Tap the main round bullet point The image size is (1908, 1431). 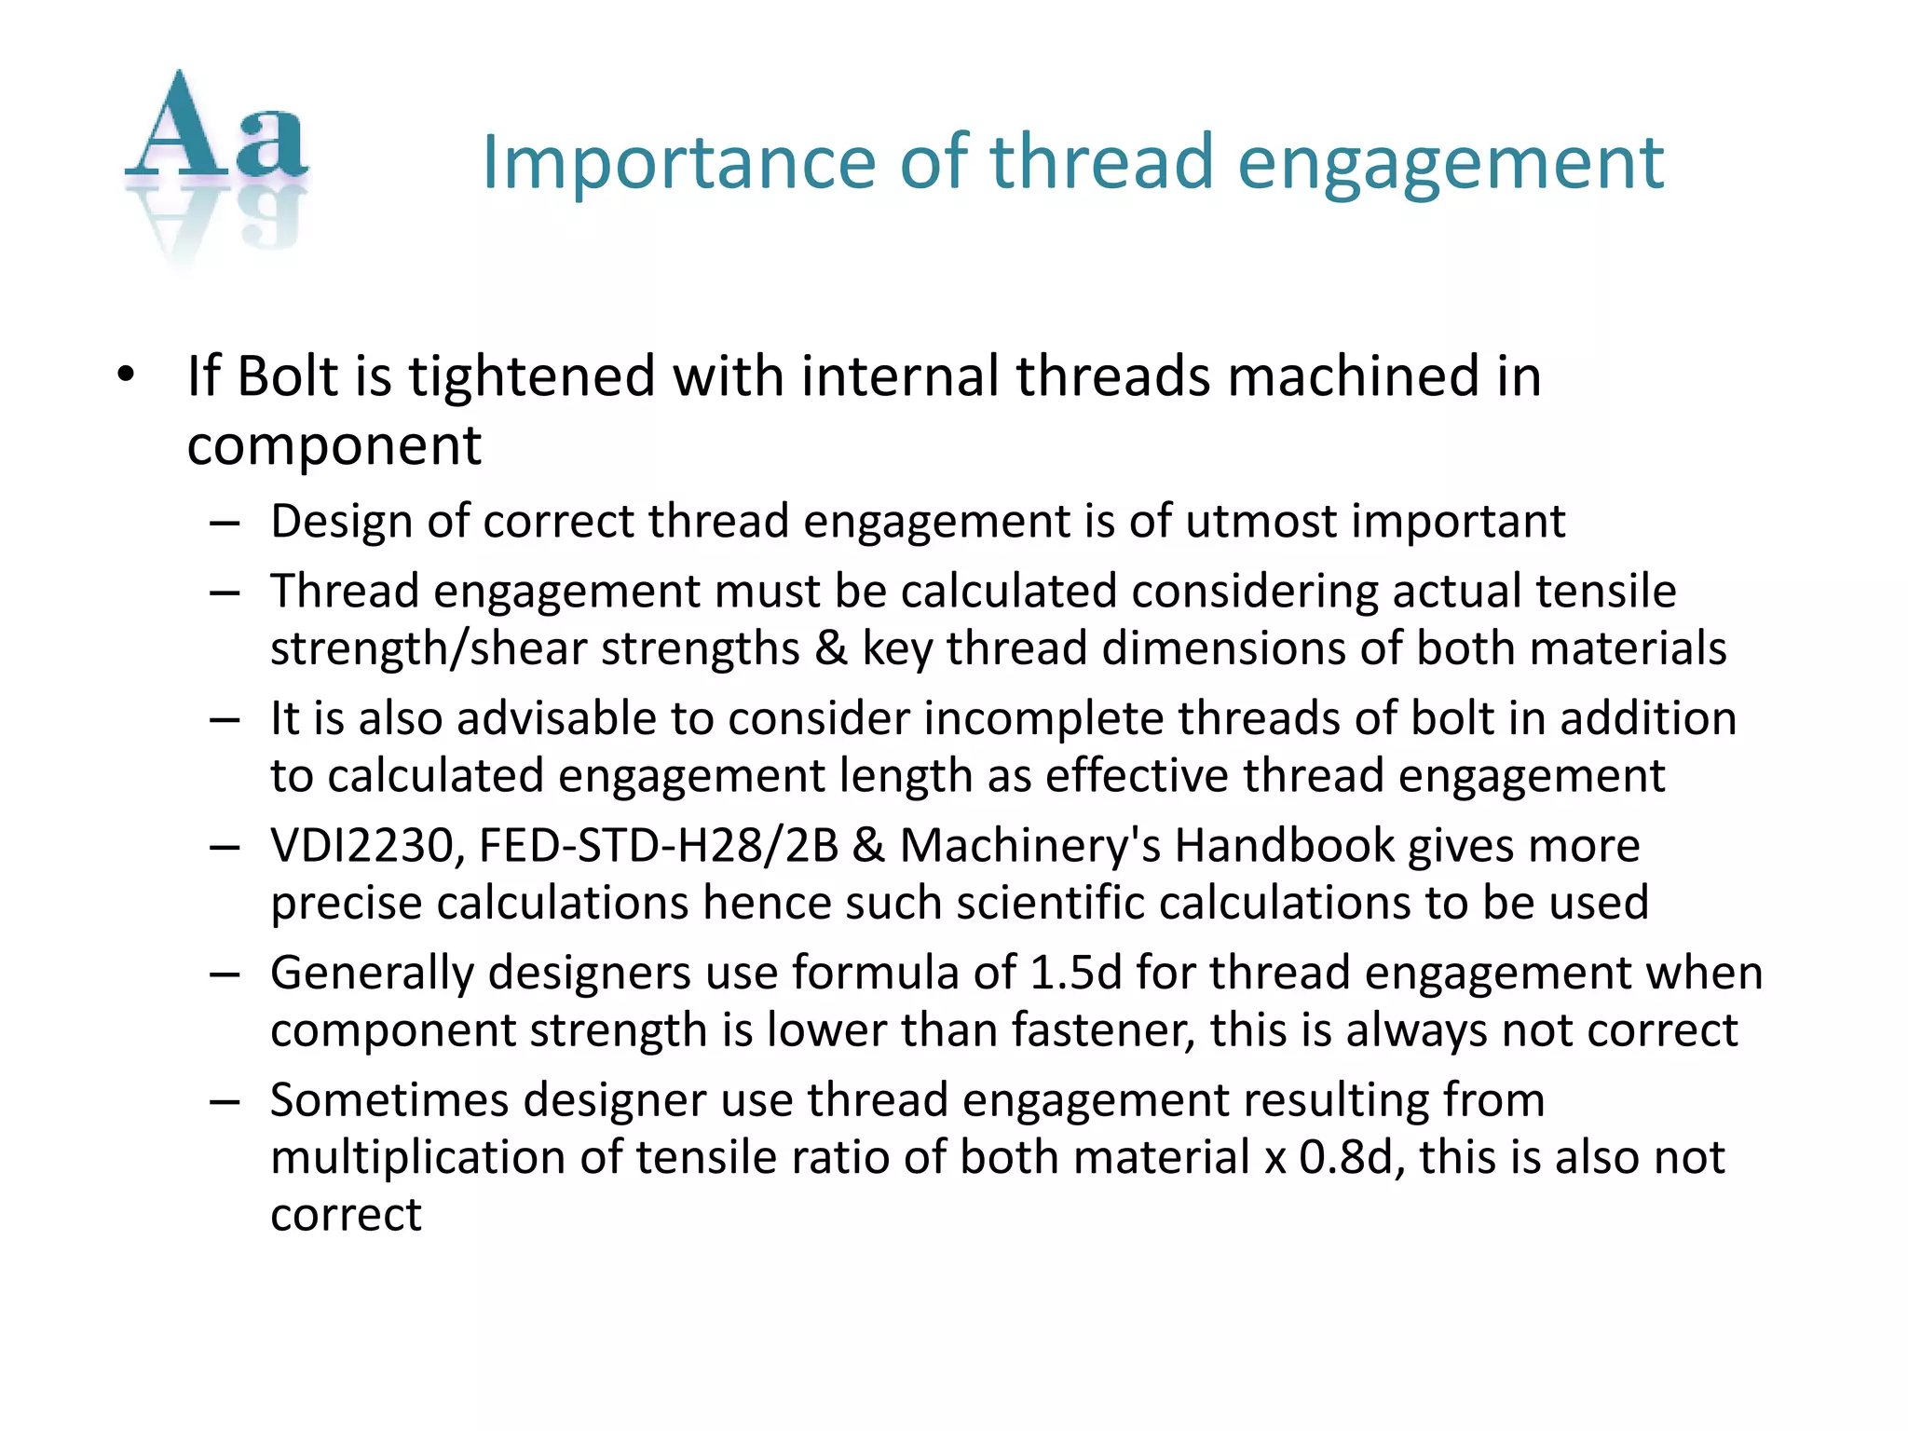pos(127,375)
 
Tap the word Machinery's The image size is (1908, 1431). pos(1029,846)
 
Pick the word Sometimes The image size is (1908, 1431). pos(389,1099)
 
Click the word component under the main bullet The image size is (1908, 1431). pos(334,445)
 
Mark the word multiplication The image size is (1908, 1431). pos(418,1157)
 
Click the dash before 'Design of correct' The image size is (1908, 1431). pos(225,523)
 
